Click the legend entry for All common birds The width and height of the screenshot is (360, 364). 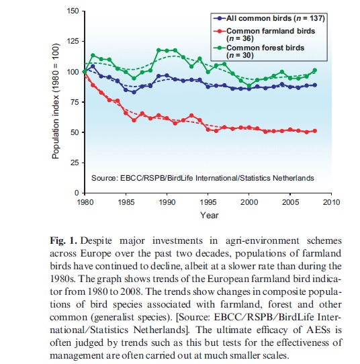[x=269, y=18]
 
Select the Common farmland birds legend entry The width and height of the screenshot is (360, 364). [x=264, y=34]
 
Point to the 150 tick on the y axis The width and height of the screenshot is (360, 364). [x=73, y=11]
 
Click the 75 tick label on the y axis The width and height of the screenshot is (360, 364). [x=75, y=102]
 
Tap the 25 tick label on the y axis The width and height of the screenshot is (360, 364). [x=75, y=163]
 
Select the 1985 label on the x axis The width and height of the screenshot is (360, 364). [x=126, y=202]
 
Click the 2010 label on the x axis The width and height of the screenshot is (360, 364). [x=331, y=202]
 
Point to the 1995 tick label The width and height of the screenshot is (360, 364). [x=208, y=202]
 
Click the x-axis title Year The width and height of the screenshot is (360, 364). [x=210, y=215]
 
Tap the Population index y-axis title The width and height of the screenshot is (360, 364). [x=56, y=101]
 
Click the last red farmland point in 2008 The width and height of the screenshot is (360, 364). [x=315, y=131]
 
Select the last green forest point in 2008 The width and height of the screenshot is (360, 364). [x=315, y=70]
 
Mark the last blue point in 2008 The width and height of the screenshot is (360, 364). [x=315, y=85]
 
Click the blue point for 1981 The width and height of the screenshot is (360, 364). [x=93, y=66]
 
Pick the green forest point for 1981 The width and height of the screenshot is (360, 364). [x=93, y=55]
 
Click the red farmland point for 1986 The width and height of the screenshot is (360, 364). [x=134, y=120]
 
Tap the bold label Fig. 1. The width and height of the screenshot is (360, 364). [x=63, y=240]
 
